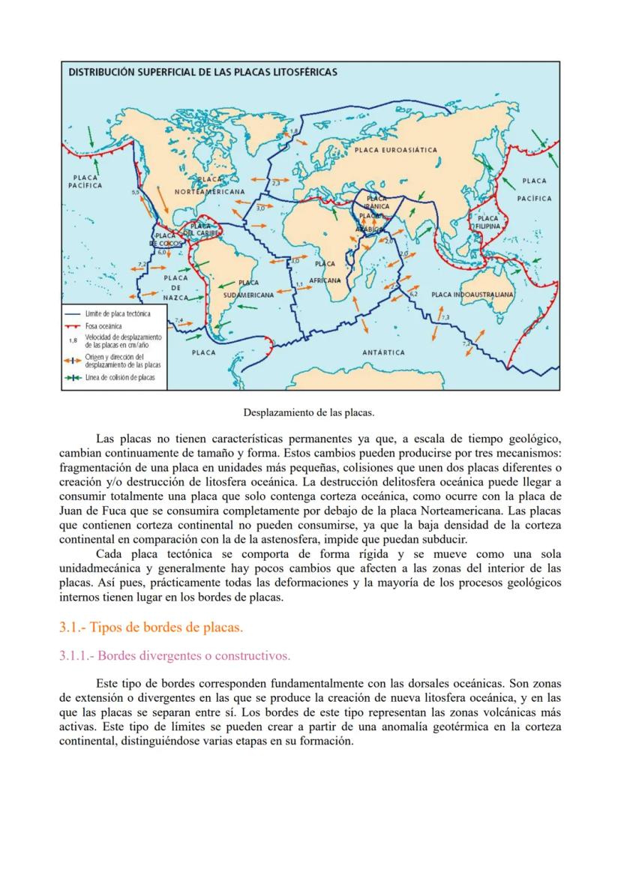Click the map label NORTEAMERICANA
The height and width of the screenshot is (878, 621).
coord(209,192)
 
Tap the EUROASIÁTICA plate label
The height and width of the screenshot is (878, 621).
coord(395,150)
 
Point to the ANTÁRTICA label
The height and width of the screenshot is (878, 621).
coord(383,352)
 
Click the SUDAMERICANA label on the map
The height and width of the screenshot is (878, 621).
coord(249,295)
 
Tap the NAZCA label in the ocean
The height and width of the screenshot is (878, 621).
coord(175,298)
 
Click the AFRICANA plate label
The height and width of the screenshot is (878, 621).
coord(324,280)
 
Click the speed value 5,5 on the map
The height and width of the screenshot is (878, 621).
coord(135,193)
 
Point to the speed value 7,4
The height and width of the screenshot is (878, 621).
coord(178,320)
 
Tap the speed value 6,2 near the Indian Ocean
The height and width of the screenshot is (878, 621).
coord(413,294)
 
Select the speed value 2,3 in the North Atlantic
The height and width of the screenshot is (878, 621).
coord(275,182)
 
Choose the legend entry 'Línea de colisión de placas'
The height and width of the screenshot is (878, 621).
coord(120,378)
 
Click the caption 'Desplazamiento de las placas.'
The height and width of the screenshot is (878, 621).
coord(309,412)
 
